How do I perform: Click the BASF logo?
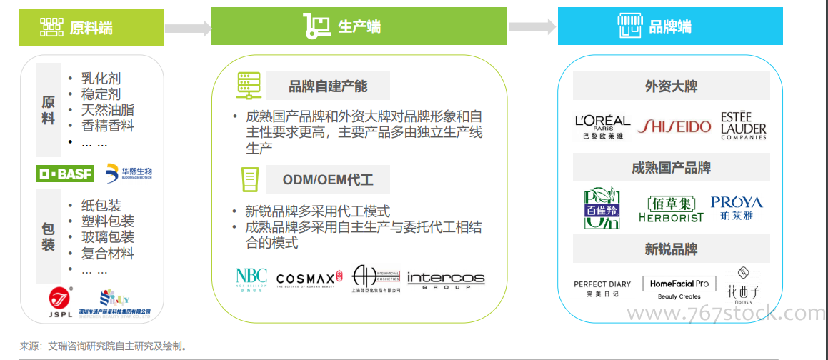point(66,174)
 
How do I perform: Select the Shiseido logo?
point(674,126)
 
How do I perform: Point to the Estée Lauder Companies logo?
point(743,126)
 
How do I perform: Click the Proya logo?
point(737,207)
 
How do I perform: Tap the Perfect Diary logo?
point(602,288)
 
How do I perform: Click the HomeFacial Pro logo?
point(679,288)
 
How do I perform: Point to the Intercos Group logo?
point(446,279)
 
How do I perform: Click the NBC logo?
point(251,279)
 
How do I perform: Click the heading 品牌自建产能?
point(328,86)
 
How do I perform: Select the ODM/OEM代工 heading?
point(328,179)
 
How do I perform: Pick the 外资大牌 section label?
point(671,86)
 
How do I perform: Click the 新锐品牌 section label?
point(671,249)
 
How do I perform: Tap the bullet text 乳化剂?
point(101,79)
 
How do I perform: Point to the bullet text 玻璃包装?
point(108,238)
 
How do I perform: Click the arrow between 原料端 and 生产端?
point(188,28)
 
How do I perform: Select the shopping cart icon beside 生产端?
point(316,26)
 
